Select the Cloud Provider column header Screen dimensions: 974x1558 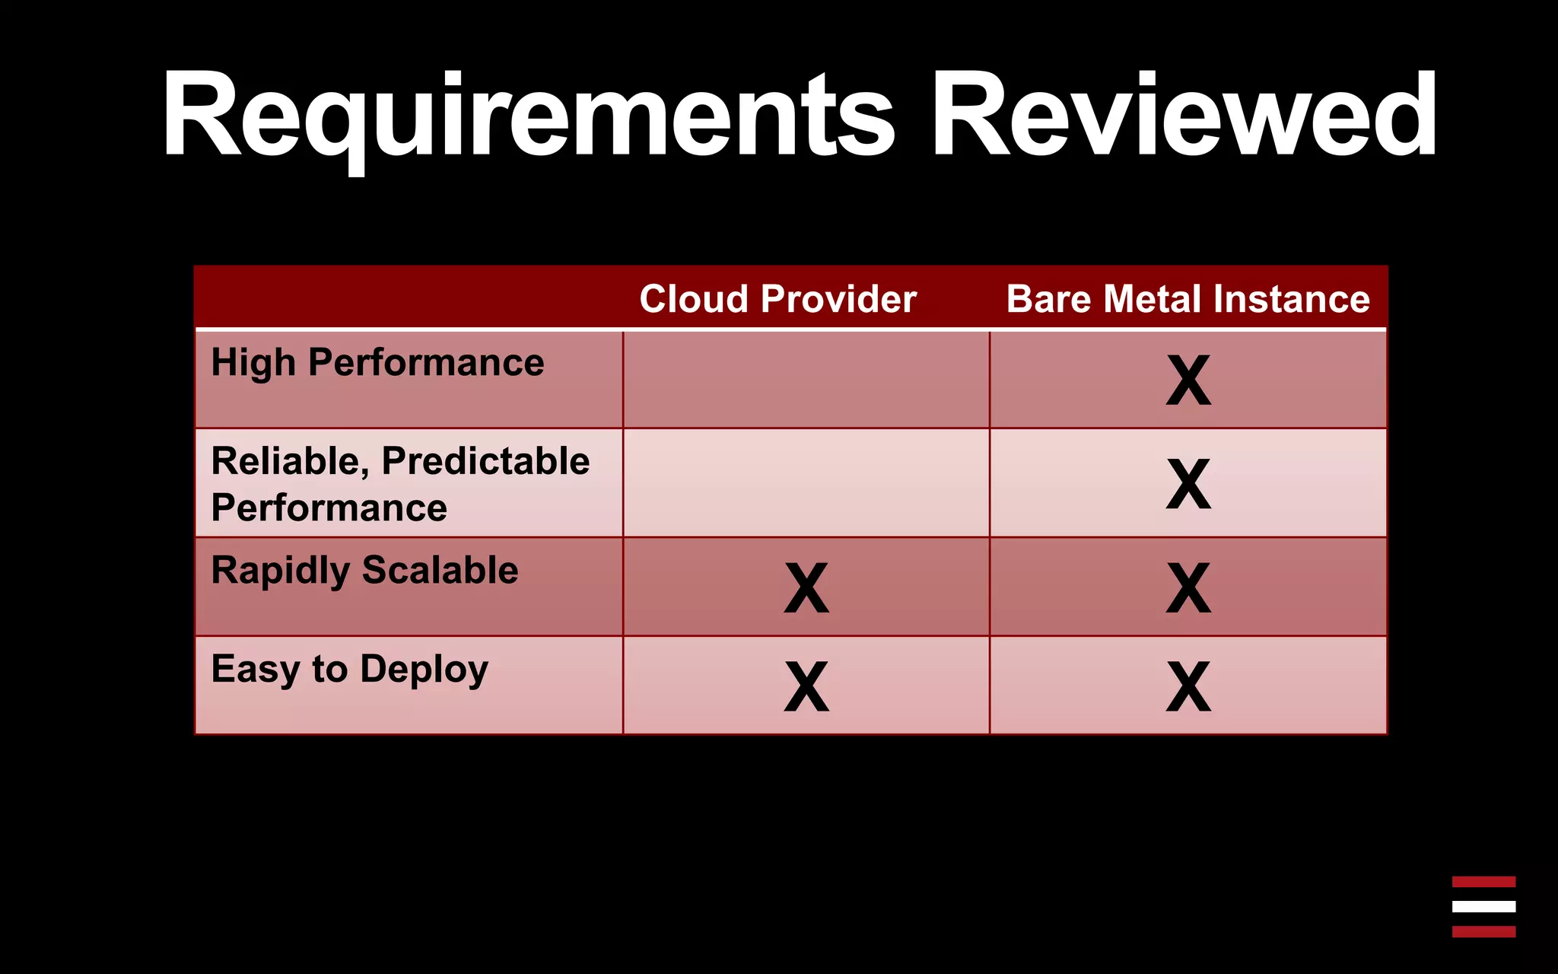point(777,299)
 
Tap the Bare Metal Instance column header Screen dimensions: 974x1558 point(1188,299)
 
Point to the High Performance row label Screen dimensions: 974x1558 point(377,363)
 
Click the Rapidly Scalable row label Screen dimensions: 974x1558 point(364,571)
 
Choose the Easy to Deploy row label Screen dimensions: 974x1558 point(349,670)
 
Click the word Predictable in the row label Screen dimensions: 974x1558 point(485,461)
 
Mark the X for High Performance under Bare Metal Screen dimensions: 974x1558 point(1188,380)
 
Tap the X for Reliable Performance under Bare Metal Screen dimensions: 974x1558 point(1188,484)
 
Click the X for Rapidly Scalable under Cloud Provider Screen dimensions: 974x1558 point(806,588)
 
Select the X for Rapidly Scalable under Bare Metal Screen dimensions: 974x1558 point(1188,588)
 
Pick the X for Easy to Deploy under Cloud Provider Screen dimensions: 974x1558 point(806,686)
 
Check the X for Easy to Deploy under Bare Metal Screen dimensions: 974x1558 point(1188,686)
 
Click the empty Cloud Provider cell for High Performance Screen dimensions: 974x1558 point(806,380)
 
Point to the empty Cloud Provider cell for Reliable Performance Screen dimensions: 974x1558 point(806,483)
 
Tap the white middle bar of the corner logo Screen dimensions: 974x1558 point(1483,906)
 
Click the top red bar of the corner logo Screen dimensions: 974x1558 point(1483,882)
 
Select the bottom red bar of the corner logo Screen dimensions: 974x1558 point(1483,931)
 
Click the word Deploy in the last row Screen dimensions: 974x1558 point(424,670)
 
